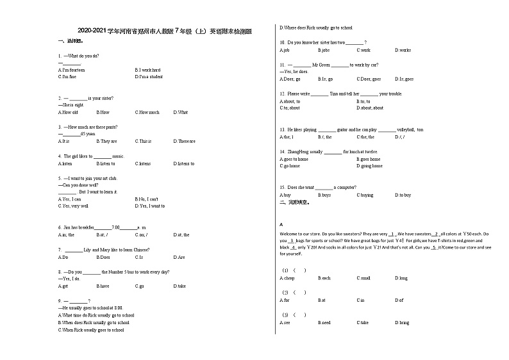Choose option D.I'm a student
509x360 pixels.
pyautogui.click(x=149, y=76)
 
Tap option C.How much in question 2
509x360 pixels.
pyautogui.click(x=147, y=112)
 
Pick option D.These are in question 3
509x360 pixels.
pyautogui.click(x=184, y=141)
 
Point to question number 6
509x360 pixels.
pyautogui.click(x=60, y=227)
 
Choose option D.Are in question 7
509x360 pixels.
pyautogui.click(x=179, y=257)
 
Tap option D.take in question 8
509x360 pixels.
pyautogui.click(x=179, y=286)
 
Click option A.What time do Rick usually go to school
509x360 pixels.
pyautogui.click(x=96, y=315)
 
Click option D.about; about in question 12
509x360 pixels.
pyautogui.click(x=370, y=108)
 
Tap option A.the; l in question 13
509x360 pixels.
pyautogui.click(x=287, y=136)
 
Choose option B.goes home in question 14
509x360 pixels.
pyautogui.click(x=368, y=159)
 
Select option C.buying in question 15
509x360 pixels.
pyautogui.click(x=364, y=195)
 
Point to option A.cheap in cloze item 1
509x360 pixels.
pyautogui.click(x=287, y=278)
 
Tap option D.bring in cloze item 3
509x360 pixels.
pyautogui.click(x=401, y=323)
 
